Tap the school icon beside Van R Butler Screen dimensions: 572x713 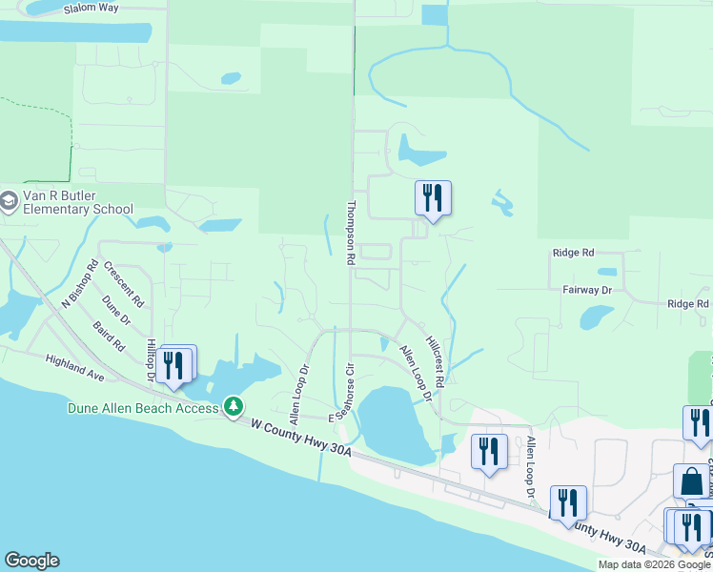(9, 202)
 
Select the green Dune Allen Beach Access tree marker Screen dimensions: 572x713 (233, 407)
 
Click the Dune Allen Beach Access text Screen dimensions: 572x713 (143, 407)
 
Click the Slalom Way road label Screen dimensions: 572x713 (92, 8)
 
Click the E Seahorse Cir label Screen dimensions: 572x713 (341, 392)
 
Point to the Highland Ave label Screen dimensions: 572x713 (74, 365)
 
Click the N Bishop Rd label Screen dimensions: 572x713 (80, 285)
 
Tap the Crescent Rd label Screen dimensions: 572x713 (125, 285)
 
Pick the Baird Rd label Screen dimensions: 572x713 (110, 336)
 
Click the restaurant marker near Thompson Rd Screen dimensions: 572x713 (433, 198)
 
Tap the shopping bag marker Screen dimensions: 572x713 (691, 480)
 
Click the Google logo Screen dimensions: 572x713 (31, 561)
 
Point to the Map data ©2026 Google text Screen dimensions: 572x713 (653, 564)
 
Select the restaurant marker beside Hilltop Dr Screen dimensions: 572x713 (174, 365)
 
